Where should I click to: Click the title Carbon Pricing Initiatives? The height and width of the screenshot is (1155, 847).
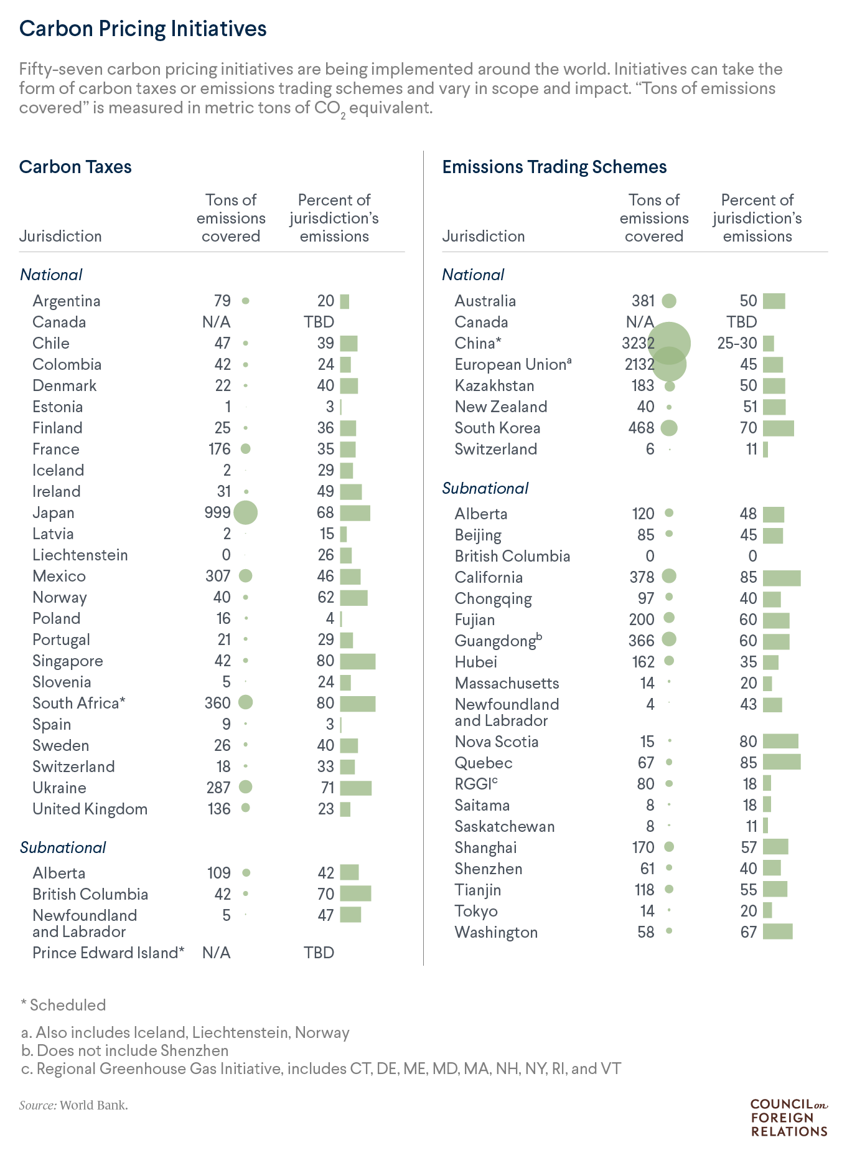[143, 29]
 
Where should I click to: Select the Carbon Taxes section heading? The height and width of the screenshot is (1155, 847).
[75, 167]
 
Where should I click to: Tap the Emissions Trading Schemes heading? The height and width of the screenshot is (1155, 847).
[554, 167]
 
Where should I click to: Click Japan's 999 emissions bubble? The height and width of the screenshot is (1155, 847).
[245, 512]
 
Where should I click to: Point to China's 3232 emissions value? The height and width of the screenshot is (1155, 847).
[638, 343]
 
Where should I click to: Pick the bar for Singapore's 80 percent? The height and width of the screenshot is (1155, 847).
[358, 661]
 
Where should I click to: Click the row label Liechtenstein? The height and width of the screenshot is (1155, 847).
[80, 555]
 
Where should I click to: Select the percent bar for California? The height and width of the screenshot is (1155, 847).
[782, 578]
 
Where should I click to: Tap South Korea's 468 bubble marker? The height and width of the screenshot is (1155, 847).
[669, 428]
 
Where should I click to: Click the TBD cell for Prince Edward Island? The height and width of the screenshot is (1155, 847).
[319, 953]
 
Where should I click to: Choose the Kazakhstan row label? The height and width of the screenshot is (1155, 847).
[494, 385]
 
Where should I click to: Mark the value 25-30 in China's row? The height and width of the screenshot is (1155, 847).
[737, 343]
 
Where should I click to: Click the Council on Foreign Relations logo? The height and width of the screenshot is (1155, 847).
[789, 1118]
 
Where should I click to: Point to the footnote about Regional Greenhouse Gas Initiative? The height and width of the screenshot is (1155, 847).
[321, 1068]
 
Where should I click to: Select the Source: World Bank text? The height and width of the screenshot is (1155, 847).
[73, 1105]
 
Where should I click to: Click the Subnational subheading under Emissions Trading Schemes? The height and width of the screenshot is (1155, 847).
[485, 488]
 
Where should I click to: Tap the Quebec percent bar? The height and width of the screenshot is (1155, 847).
[782, 762]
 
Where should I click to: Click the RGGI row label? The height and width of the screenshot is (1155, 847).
[476, 784]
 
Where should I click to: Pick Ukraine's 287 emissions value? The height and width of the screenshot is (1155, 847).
[218, 788]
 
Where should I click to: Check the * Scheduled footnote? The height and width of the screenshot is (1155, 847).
[63, 1005]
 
